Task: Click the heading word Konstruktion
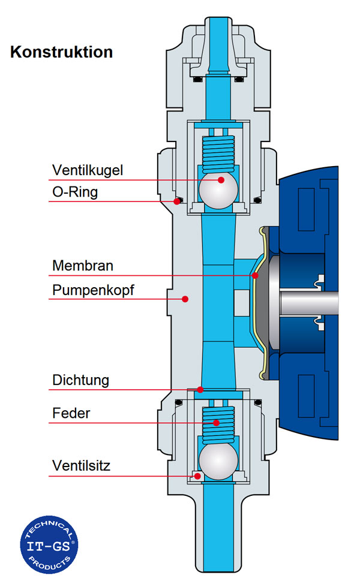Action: click(61, 52)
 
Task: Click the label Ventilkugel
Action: click(87, 170)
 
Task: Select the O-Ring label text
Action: click(74, 192)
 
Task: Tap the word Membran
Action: click(82, 265)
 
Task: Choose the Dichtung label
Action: click(80, 380)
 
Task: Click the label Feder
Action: click(71, 414)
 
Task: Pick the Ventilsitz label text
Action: click(80, 466)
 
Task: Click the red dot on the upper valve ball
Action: click(221, 180)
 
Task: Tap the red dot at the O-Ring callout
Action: click(177, 201)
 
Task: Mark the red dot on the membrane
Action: click(255, 276)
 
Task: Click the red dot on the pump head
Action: click(185, 299)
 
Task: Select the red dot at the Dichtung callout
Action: click(200, 390)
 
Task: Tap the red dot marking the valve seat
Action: click(196, 475)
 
